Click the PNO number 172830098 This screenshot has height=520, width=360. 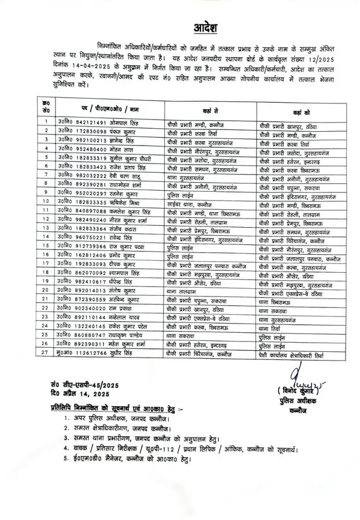point(75,131)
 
